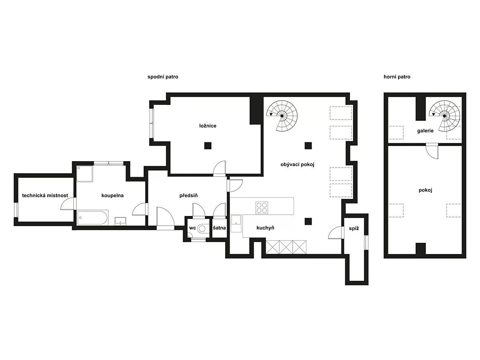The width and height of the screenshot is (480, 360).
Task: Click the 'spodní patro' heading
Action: tap(163, 77)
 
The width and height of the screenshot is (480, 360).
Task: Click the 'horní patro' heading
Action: tap(397, 77)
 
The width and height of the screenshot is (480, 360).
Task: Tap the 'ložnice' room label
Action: tap(208, 126)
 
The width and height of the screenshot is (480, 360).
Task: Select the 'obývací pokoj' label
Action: tap(298, 164)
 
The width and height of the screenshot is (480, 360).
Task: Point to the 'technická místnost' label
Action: tap(45, 196)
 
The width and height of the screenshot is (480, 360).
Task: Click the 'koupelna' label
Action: tap(112, 196)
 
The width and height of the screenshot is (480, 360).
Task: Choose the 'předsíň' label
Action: tap(188, 196)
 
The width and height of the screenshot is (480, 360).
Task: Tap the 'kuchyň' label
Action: tap(265, 228)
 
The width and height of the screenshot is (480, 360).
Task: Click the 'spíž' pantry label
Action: tap(354, 228)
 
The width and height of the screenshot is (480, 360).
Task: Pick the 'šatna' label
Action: tap(219, 228)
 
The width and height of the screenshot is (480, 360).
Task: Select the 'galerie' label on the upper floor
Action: tap(425, 131)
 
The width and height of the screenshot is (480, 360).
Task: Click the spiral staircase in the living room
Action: tap(282, 116)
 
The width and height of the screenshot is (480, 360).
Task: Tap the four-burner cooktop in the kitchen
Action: tap(262, 208)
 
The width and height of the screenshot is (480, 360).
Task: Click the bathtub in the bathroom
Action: tap(92, 218)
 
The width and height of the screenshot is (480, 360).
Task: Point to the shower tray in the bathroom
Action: tap(85, 174)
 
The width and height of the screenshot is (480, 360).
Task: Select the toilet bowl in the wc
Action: tap(202, 229)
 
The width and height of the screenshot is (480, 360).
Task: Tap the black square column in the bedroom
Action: tap(208, 146)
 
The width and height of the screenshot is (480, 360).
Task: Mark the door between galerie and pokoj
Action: tap(432, 151)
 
